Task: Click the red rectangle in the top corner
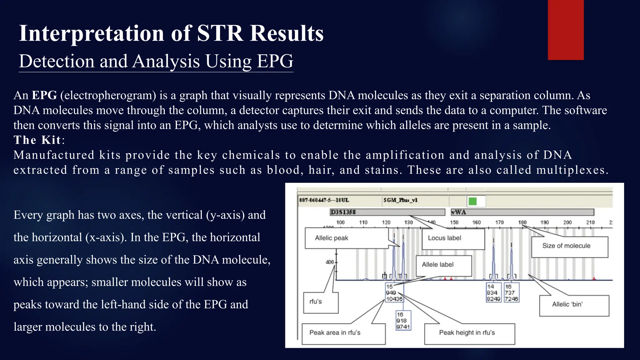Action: point(566,30)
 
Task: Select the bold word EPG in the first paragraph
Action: point(44,95)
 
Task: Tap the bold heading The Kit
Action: point(37,140)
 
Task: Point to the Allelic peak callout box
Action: point(332,238)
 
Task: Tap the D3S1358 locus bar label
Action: point(343,212)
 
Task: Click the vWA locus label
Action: point(459,212)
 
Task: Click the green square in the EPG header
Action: point(473,201)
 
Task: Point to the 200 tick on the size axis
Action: point(567,222)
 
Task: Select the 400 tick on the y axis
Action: point(330,262)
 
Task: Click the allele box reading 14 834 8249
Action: point(493,293)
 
